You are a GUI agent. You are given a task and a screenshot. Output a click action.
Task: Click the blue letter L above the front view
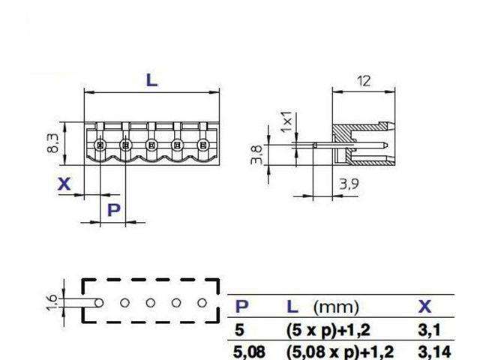151,79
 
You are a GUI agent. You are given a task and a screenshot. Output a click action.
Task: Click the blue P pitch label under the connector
113,209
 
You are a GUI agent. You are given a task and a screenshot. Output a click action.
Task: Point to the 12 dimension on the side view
364,80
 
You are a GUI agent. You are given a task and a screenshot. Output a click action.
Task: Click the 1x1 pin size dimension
285,122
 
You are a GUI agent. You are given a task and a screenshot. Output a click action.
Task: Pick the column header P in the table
241,306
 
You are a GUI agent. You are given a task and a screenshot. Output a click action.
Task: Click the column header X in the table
425,306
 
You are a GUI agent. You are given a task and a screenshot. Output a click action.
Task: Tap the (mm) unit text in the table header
336,306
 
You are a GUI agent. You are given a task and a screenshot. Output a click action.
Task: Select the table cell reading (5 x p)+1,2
327,328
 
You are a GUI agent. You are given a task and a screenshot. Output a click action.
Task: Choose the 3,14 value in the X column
430,349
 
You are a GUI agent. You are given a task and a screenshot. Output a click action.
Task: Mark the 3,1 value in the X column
427,328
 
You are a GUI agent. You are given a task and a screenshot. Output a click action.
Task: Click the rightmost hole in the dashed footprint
202,302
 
